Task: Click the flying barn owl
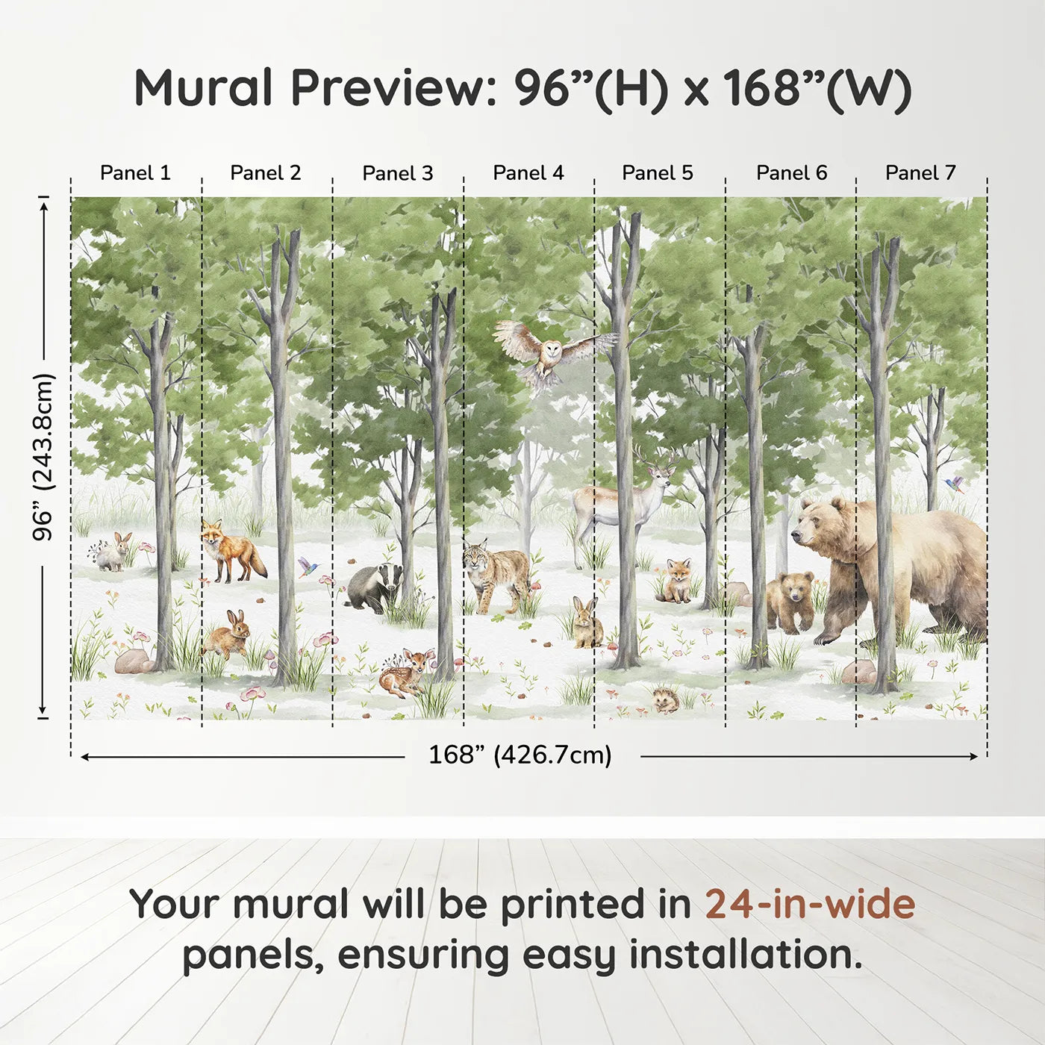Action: [x=550, y=353]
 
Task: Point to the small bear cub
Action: [x=791, y=601]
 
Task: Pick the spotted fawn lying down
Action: [x=405, y=672]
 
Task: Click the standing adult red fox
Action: [x=231, y=552]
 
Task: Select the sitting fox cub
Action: [x=678, y=581]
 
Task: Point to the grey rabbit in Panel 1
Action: [x=113, y=552]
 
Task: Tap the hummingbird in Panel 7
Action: [x=955, y=485]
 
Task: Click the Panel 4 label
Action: [x=528, y=173]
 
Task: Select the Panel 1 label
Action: [x=135, y=173]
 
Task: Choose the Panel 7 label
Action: [x=920, y=173]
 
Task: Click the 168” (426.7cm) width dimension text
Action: [x=520, y=755]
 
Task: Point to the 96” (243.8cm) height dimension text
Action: [x=43, y=457]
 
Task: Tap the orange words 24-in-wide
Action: [x=810, y=904]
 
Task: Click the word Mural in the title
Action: [x=203, y=88]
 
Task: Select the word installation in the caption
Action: [x=745, y=955]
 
